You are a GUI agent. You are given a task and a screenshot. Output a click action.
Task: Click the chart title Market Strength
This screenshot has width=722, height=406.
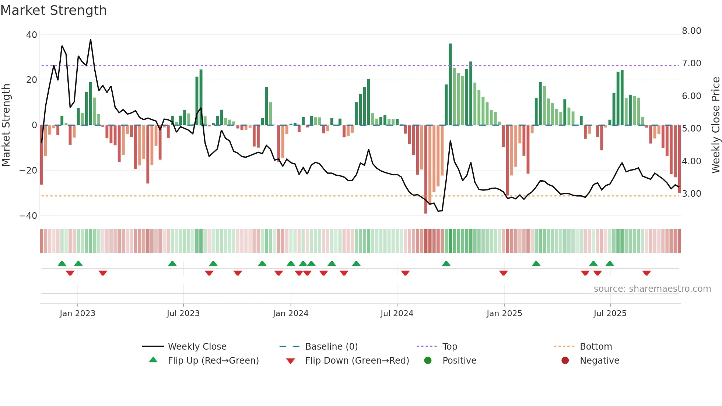click(53, 10)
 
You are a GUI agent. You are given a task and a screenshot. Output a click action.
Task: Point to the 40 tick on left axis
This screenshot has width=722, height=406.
click(32, 35)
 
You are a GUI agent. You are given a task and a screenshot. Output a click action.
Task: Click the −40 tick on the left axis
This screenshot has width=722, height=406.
click(28, 216)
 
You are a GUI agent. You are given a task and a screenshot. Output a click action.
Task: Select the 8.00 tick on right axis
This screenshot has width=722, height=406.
click(691, 31)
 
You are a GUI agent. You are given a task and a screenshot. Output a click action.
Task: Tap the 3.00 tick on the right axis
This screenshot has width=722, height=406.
click(691, 194)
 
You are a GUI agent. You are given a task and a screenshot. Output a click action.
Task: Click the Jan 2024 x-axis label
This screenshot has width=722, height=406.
click(291, 314)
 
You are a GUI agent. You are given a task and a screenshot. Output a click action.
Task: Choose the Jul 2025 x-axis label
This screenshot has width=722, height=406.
click(610, 314)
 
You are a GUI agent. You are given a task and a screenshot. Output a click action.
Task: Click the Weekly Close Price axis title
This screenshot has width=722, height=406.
click(715, 125)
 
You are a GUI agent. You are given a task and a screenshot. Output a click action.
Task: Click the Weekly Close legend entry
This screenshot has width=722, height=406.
click(197, 347)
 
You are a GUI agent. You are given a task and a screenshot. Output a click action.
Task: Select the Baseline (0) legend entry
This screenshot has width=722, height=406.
click(331, 347)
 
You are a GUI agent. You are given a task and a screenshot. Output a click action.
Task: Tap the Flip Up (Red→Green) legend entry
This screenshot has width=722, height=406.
click(213, 361)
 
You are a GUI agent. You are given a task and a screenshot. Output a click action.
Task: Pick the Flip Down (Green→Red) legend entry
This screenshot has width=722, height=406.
click(357, 361)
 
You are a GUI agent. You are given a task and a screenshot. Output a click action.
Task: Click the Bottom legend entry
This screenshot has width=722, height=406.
click(596, 347)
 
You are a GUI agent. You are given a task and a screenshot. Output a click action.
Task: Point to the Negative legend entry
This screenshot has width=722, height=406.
click(599, 361)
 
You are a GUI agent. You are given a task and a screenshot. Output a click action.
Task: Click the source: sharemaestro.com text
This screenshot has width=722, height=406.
click(652, 289)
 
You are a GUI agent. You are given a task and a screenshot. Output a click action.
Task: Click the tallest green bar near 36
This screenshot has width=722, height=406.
click(450, 85)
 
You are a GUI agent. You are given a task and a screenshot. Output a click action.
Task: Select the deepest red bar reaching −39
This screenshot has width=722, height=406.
click(426, 169)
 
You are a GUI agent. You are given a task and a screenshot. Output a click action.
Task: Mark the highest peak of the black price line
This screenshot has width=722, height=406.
click(91, 40)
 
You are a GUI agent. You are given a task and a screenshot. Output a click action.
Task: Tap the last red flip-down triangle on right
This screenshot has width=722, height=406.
click(646, 273)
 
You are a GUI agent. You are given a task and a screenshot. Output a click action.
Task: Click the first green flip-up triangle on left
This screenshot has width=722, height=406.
click(62, 263)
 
